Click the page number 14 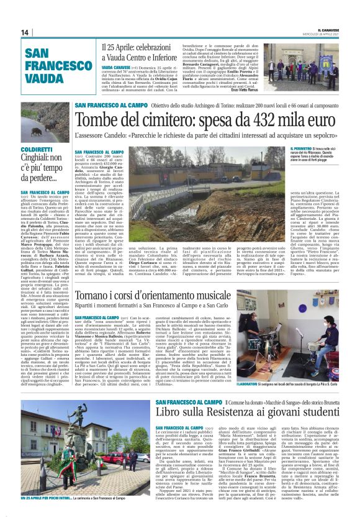[25, 33]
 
